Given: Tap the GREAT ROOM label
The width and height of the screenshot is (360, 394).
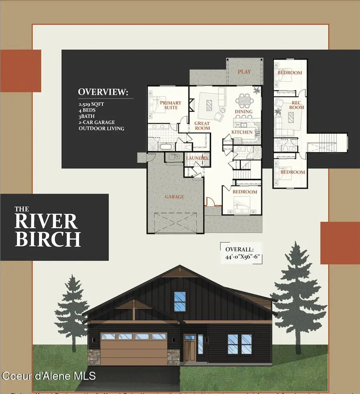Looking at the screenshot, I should tap(202, 126).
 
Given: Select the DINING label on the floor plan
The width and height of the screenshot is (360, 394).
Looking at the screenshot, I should tap(244, 112).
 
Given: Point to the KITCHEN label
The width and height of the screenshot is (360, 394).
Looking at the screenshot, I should tap(242, 132).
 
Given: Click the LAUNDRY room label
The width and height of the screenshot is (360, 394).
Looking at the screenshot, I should tap(197, 158).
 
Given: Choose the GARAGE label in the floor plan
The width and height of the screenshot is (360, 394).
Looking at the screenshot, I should tap(174, 197).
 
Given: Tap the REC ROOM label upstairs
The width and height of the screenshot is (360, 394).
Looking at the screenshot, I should tap(297, 105).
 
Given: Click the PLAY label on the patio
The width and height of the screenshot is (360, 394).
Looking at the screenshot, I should tap(244, 72).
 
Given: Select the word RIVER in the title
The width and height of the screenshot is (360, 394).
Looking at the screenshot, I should tap(46, 221).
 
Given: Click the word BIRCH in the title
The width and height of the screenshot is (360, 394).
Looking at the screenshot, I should tap(48, 239).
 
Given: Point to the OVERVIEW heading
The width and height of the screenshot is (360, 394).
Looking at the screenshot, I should tap(103, 92).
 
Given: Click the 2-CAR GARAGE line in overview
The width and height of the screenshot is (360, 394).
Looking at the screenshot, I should tap(102, 122).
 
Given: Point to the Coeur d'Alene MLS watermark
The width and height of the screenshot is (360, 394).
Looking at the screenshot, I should tap(48, 376).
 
